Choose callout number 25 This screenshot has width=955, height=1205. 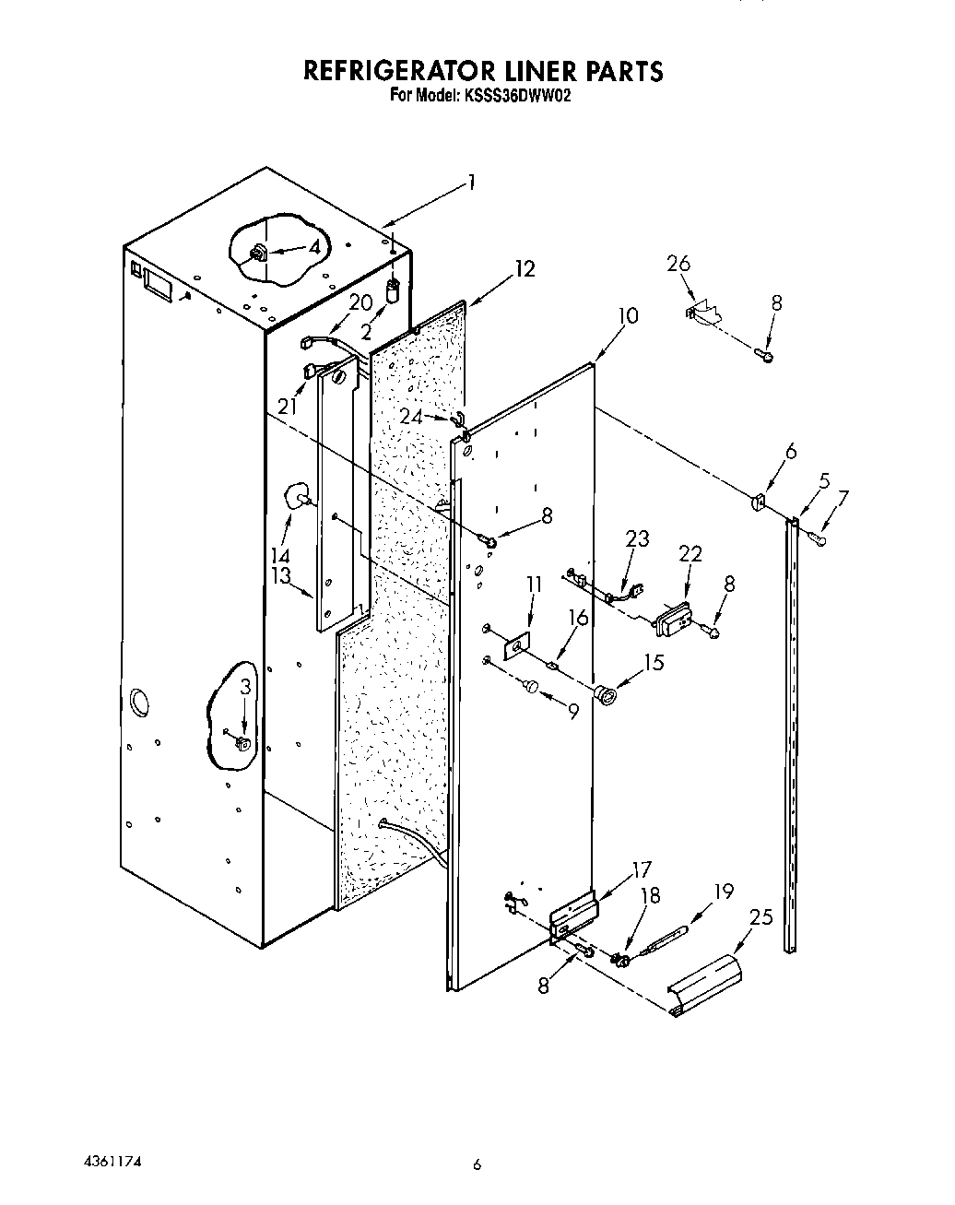click(761, 918)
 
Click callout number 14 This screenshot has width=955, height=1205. click(280, 556)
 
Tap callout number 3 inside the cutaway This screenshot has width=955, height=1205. click(244, 686)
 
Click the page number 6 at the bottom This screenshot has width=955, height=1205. click(477, 1165)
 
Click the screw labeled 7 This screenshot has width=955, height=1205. click(818, 538)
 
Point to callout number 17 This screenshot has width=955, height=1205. click(640, 869)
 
